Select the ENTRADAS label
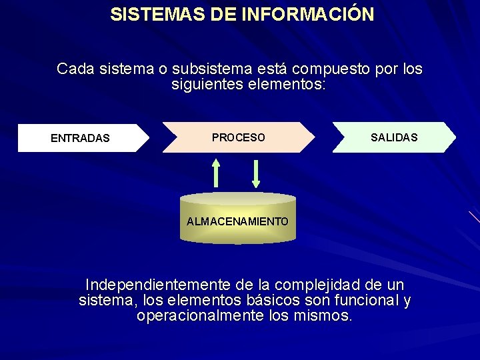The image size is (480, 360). pyautogui.click(x=80, y=139)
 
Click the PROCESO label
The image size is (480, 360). pyautogui.click(x=238, y=137)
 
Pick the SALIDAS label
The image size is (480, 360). pyautogui.click(x=394, y=137)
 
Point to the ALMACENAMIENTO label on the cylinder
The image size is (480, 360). pyautogui.click(x=238, y=221)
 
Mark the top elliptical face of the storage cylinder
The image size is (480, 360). pyautogui.click(x=238, y=199)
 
